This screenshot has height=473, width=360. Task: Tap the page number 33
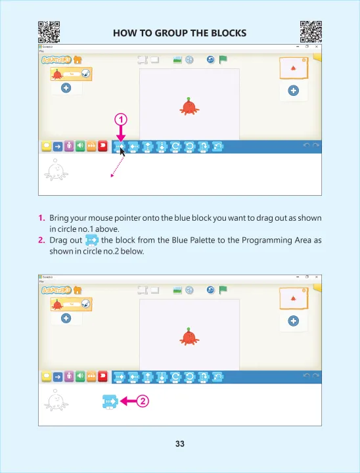click(x=180, y=444)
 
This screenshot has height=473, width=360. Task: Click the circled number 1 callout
click(x=121, y=119)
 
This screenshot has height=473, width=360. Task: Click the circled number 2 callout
click(x=143, y=401)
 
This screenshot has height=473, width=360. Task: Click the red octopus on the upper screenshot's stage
click(x=189, y=106)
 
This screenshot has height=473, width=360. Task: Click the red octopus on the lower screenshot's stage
click(x=189, y=336)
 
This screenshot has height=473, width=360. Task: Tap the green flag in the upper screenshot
click(x=223, y=60)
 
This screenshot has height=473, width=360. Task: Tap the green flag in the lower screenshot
click(x=223, y=290)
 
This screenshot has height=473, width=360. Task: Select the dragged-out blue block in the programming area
click(x=110, y=401)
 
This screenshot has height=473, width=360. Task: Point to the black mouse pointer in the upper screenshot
click(x=122, y=150)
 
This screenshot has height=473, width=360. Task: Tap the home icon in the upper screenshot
click(x=78, y=60)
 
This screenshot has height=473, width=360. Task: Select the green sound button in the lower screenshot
click(x=80, y=377)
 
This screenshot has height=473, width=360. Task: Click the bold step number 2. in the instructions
click(x=41, y=240)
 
